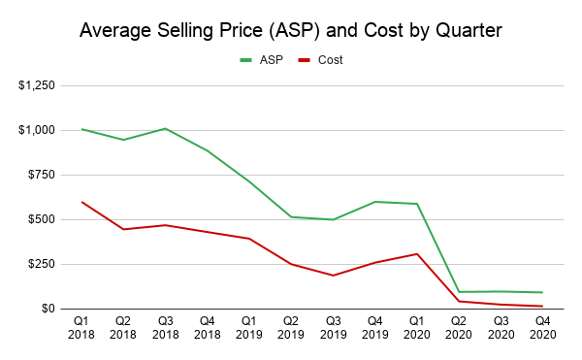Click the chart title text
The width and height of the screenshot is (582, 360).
click(x=290, y=30)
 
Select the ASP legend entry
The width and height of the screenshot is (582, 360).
click(x=265, y=60)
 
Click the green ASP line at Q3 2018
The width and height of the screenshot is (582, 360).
click(x=166, y=128)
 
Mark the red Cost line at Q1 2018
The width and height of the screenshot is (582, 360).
click(x=82, y=202)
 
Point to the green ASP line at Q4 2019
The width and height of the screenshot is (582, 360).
click(x=374, y=202)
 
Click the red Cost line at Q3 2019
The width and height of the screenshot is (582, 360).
click(x=333, y=276)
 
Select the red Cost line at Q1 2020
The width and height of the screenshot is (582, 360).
click(x=416, y=254)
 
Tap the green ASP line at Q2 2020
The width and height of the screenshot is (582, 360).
click(x=458, y=292)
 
